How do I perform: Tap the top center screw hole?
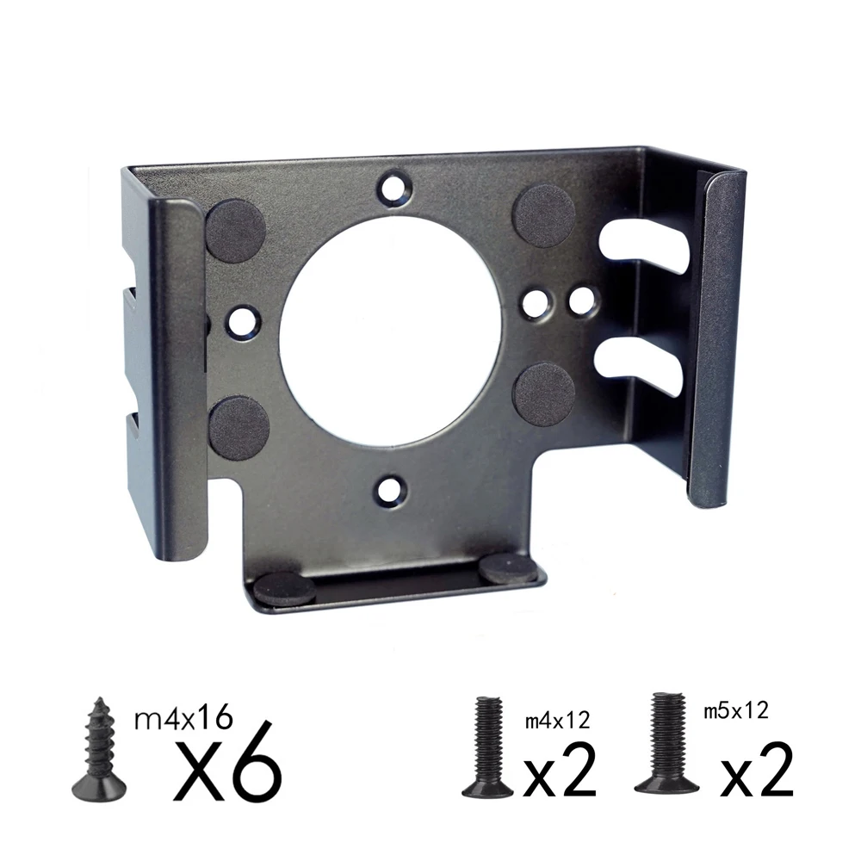pyautogui.click(x=394, y=187)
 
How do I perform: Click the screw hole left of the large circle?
pyautogui.click(x=243, y=321)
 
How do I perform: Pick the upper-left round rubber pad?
pyautogui.click(x=234, y=230)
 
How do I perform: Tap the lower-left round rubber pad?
pyautogui.click(x=238, y=427)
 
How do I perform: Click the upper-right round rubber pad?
pyautogui.click(x=544, y=215)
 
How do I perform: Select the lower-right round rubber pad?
pyautogui.click(x=543, y=394)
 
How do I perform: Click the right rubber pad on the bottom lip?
pyautogui.click(x=509, y=568)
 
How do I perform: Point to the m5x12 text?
pyautogui.click(x=735, y=710)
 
